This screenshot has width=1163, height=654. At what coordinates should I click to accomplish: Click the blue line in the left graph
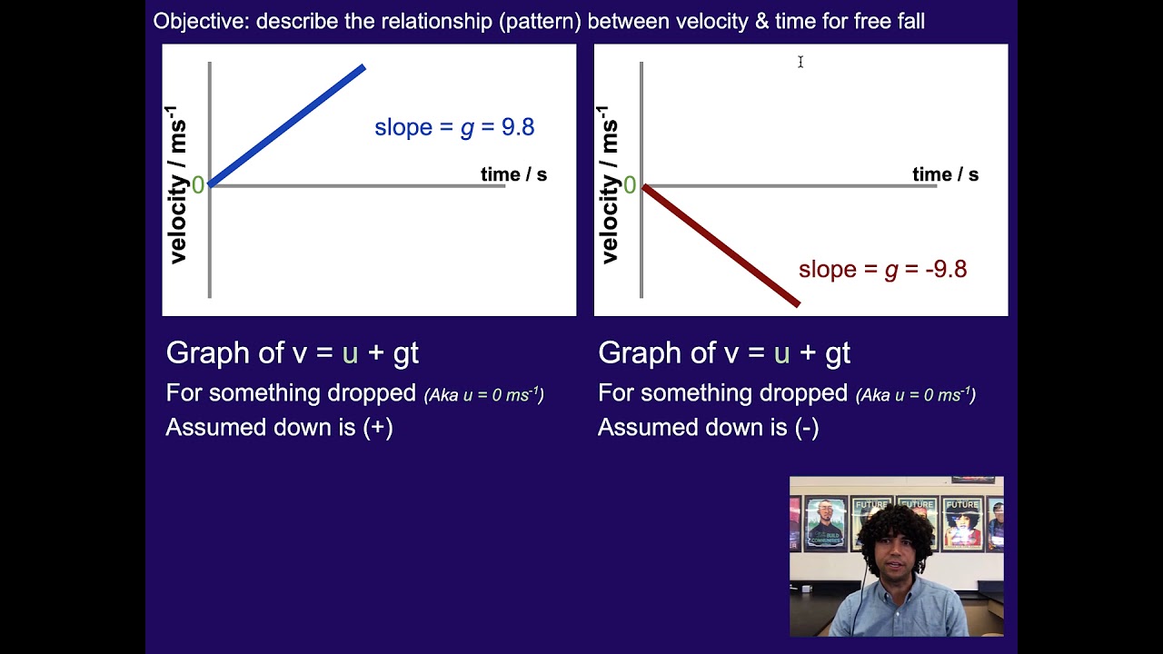287,125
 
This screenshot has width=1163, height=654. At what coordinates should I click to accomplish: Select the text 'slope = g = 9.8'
454,127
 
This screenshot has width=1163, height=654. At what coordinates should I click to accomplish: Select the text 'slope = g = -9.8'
882,270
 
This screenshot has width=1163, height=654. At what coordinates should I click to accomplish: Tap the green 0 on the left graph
198,186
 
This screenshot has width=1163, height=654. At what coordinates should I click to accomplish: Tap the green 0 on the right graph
630,186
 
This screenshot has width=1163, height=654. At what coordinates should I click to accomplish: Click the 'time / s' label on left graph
513,174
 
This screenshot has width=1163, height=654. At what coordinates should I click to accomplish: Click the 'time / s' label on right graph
945,174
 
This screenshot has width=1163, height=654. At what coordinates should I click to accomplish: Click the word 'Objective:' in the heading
201,21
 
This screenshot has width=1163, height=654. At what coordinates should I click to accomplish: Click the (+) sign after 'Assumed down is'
378,428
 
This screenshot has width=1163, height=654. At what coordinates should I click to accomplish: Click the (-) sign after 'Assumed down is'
807,428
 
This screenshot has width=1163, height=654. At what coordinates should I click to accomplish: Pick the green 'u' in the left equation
350,353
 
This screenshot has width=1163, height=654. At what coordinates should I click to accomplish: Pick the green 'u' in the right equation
781,353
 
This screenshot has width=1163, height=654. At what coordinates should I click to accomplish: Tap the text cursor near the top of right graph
800,62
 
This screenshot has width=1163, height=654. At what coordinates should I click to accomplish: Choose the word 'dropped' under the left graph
375,393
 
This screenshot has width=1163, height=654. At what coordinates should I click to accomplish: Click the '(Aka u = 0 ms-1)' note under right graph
915,395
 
